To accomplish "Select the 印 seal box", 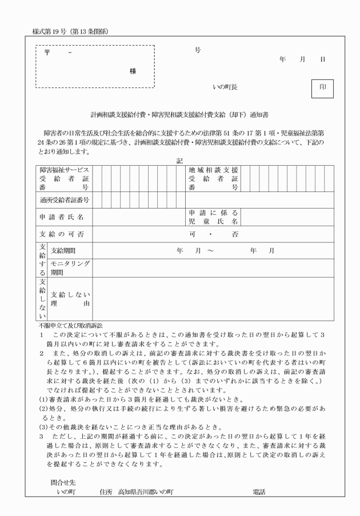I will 322,88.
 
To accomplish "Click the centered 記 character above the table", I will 179,159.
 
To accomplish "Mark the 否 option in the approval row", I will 235,234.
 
